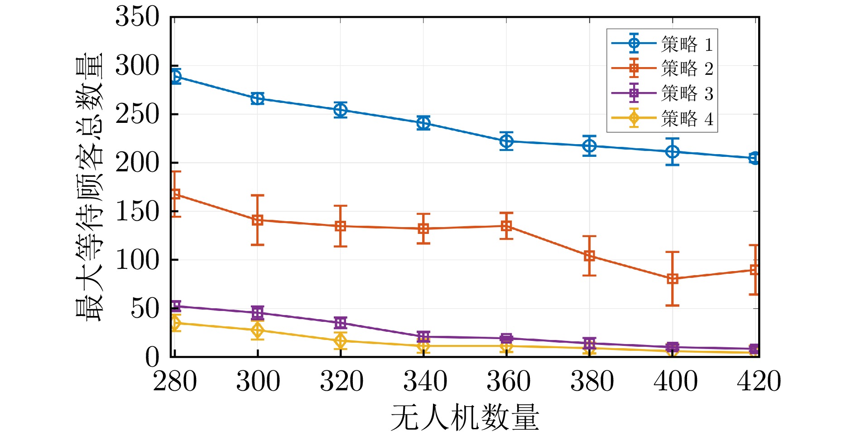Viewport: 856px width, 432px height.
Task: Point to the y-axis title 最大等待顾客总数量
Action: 89,187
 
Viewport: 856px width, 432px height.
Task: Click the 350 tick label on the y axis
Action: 137,17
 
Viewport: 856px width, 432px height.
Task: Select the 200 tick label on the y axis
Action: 137,163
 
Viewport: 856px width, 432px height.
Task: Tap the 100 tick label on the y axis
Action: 137,260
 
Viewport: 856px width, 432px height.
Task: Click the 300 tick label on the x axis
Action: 258,381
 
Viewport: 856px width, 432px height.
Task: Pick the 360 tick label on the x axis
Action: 508,381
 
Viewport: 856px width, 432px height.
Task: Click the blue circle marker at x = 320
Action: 341,110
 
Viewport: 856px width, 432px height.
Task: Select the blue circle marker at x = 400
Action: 673,152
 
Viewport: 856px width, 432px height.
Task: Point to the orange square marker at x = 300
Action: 257,220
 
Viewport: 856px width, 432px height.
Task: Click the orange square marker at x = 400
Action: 673,279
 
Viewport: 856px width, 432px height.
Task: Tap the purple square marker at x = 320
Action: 341,323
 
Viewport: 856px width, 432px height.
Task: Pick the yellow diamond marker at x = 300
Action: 257,330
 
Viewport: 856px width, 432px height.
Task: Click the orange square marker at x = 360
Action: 506,226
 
